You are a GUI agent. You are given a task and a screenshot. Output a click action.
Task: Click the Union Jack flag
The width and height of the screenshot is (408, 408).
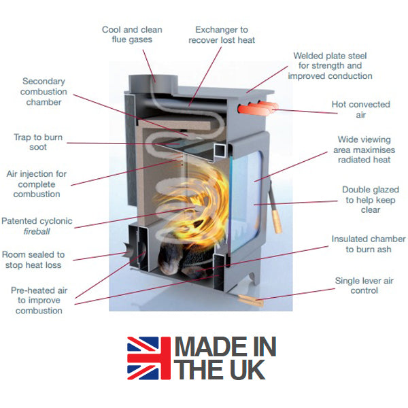(x=149, y=359)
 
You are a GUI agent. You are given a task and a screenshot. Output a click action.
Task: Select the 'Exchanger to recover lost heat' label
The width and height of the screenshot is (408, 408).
(x=222, y=35)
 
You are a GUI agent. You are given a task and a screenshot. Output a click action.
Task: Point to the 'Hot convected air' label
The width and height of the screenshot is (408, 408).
(x=360, y=110)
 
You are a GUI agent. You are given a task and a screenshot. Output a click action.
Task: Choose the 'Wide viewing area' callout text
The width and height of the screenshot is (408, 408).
(x=364, y=150)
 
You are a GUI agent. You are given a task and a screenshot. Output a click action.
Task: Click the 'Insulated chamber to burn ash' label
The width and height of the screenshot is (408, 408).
(x=368, y=244)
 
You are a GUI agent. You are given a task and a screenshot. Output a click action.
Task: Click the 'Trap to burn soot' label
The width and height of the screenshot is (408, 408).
(x=38, y=143)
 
